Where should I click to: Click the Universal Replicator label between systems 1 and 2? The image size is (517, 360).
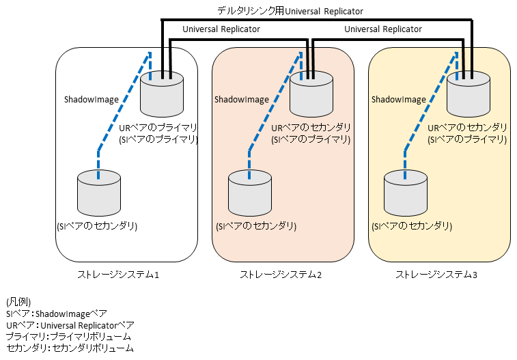coord(221,30)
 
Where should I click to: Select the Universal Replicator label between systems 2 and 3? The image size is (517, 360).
coord(382,29)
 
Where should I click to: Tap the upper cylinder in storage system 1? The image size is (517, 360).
coord(162,96)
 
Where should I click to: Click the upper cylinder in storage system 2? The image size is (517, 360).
coord(311,96)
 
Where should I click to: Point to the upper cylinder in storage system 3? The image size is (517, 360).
coord(469,96)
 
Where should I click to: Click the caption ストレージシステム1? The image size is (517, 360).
coord(118,275)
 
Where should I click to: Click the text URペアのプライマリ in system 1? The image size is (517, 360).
coord(158,128)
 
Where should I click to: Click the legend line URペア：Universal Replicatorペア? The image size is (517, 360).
coord(70,324)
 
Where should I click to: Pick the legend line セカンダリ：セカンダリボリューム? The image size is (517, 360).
coord(69,348)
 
